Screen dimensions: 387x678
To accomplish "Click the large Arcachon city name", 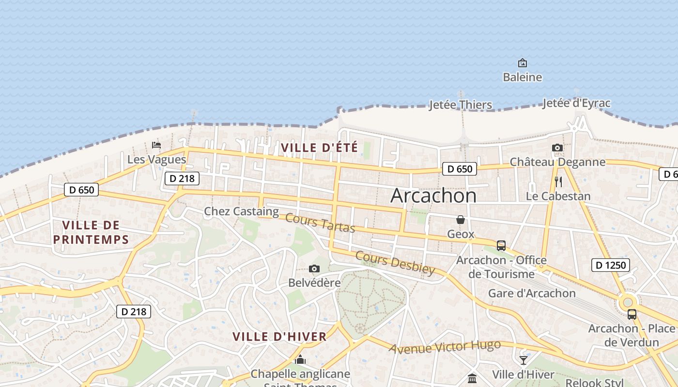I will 433,195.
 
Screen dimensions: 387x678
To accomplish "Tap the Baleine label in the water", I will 522,77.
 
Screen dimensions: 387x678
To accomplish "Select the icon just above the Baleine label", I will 522,63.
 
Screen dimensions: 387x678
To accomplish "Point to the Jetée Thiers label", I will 460,105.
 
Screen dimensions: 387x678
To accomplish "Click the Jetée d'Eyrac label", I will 576,103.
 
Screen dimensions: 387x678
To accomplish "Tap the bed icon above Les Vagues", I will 156,145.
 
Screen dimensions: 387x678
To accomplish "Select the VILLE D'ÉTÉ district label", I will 320,148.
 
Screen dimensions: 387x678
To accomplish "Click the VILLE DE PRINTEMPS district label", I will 91,232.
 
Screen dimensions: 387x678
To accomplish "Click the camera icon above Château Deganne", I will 557,148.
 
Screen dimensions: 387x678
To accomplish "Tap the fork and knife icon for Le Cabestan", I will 558,182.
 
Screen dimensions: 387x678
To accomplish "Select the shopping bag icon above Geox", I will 460,220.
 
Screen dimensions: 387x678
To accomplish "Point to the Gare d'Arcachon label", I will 532,293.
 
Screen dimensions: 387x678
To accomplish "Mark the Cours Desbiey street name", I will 395,263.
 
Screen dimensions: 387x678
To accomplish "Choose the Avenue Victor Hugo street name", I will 445,347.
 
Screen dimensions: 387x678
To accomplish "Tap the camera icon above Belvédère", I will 314,269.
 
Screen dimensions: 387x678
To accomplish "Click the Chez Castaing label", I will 241,211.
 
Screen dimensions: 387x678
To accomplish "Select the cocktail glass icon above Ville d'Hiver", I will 523,360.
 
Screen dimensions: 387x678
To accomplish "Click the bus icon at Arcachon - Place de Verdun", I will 632,314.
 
